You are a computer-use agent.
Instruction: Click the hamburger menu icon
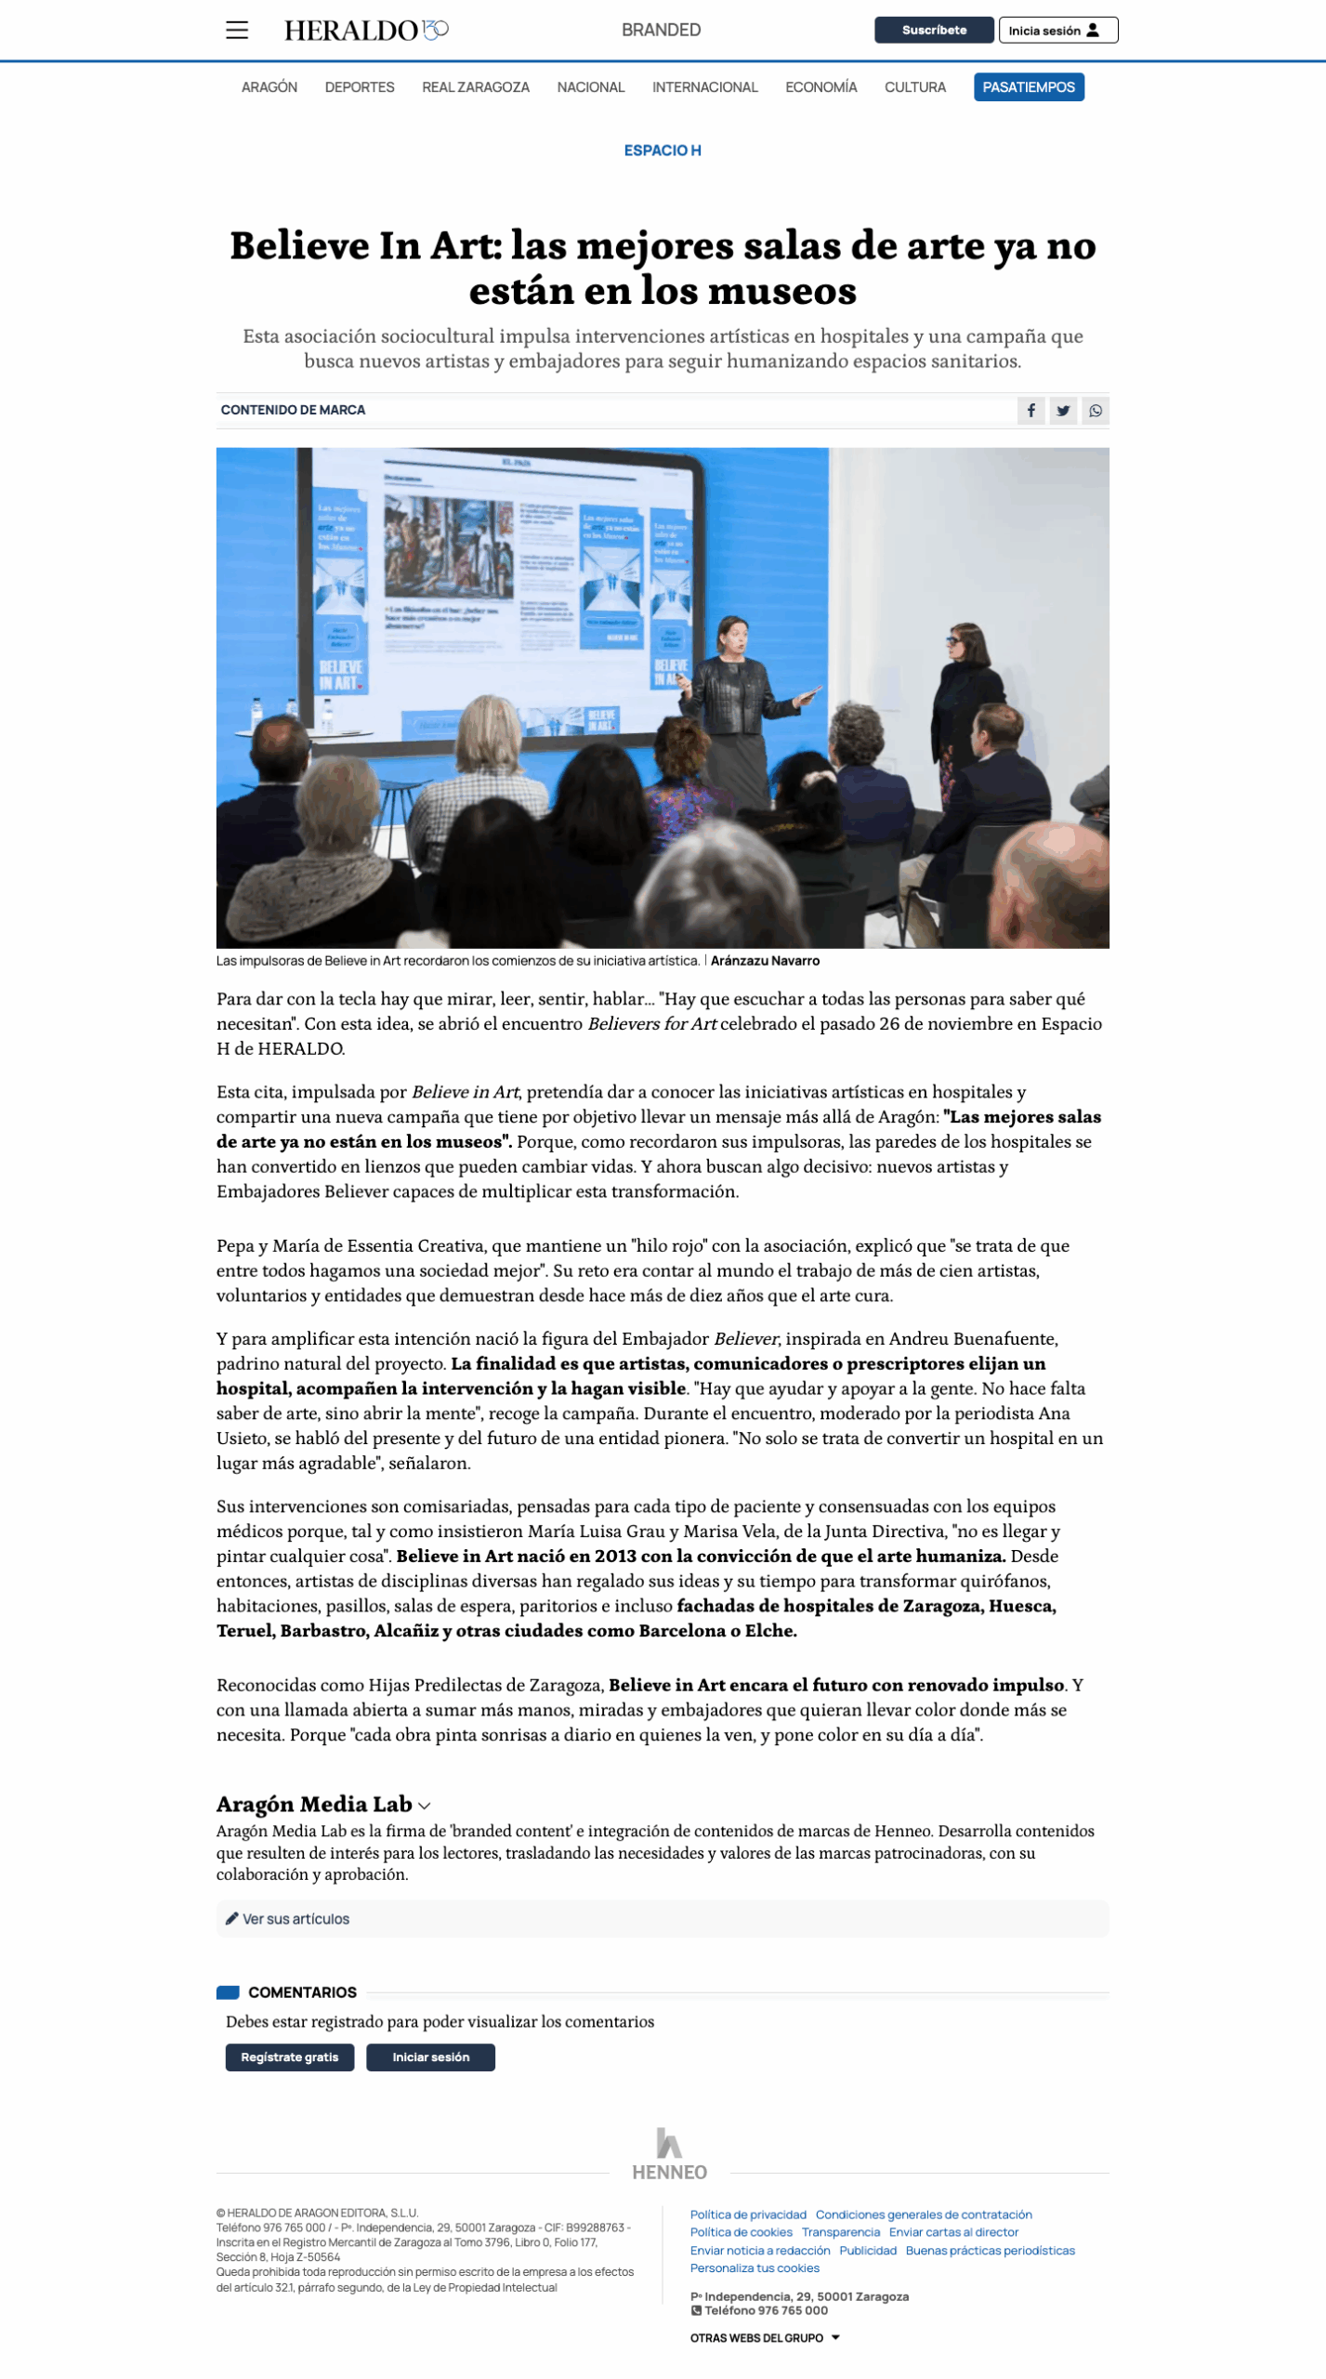click(x=237, y=30)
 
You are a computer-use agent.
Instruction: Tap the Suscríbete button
click(x=933, y=30)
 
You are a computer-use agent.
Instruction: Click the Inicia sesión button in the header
click(x=1057, y=30)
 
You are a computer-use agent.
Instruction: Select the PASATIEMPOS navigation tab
click(x=1028, y=86)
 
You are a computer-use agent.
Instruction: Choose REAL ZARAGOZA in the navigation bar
click(x=475, y=86)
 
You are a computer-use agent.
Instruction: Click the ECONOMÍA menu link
click(x=821, y=86)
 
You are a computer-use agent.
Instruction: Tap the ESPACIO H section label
click(x=662, y=150)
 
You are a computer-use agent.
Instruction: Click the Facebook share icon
click(x=1031, y=410)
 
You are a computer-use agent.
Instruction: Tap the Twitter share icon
click(x=1063, y=410)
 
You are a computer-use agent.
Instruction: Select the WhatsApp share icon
click(x=1096, y=410)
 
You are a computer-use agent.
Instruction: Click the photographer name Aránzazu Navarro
click(x=765, y=961)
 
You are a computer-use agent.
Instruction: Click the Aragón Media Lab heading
click(x=314, y=1804)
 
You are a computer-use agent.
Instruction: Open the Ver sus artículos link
click(x=295, y=1919)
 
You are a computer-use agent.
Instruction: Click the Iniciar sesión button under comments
click(x=430, y=2057)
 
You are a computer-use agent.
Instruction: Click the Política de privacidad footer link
click(x=748, y=2215)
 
